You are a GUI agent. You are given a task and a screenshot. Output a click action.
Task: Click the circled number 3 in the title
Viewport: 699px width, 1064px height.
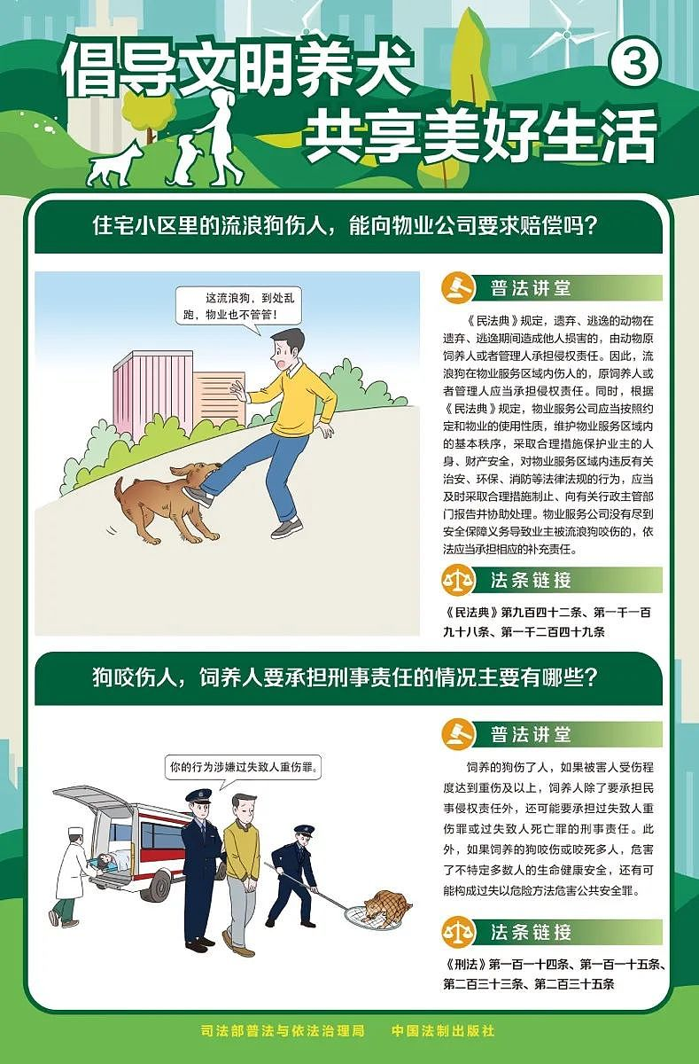tap(634, 63)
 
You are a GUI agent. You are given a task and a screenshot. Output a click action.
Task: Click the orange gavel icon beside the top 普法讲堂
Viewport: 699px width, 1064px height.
tap(458, 287)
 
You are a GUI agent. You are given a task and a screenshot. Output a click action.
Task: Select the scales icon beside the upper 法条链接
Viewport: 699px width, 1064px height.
tap(458, 580)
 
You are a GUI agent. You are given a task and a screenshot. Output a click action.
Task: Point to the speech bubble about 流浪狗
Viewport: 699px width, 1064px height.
tap(238, 307)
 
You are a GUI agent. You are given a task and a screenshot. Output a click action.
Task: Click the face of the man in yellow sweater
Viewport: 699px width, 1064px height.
tap(282, 353)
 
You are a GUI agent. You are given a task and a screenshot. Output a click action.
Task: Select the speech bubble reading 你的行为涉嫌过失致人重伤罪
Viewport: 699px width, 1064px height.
tap(243, 767)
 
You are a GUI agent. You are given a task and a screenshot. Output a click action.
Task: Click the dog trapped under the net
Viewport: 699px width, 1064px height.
tap(387, 906)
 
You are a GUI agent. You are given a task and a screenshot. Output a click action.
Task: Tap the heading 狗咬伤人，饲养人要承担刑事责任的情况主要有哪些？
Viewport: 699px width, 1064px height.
tap(345, 677)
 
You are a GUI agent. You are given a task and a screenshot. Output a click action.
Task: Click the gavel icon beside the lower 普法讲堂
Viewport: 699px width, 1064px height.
tap(458, 734)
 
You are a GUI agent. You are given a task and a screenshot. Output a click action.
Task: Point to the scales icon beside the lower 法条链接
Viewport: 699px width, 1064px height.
tap(458, 933)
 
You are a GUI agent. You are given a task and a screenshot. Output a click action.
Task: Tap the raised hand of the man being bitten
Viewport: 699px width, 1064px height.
tap(238, 391)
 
